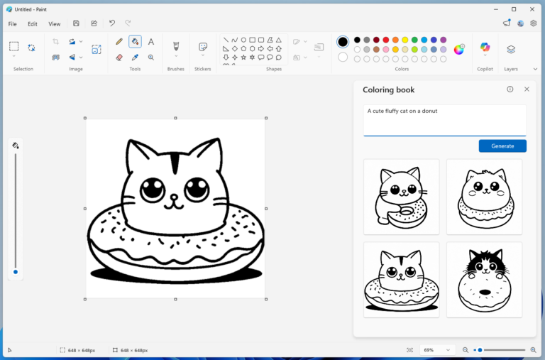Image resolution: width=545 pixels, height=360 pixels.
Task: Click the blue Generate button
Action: (x=502, y=146)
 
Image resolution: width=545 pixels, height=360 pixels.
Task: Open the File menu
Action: (x=13, y=23)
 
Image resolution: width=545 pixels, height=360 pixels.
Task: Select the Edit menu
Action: (x=33, y=23)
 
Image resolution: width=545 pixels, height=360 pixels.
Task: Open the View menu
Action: (x=54, y=23)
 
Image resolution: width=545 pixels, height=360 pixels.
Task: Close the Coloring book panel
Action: (x=527, y=89)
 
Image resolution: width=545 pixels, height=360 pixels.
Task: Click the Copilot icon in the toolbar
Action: (x=485, y=48)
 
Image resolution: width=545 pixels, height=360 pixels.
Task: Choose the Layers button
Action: (x=511, y=49)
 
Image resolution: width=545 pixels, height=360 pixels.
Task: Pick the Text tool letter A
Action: (x=151, y=42)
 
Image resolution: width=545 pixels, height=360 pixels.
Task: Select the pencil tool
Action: (x=119, y=42)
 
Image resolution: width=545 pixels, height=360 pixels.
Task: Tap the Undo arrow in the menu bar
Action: (x=112, y=23)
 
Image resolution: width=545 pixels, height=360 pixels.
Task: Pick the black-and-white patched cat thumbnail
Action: (x=484, y=279)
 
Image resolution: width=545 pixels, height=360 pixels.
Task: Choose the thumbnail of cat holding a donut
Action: (x=401, y=196)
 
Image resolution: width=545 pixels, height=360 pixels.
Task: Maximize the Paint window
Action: (x=514, y=9)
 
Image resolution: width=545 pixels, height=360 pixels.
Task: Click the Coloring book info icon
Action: (x=510, y=89)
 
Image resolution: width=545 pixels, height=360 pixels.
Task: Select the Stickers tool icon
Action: (x=203, y=47)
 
